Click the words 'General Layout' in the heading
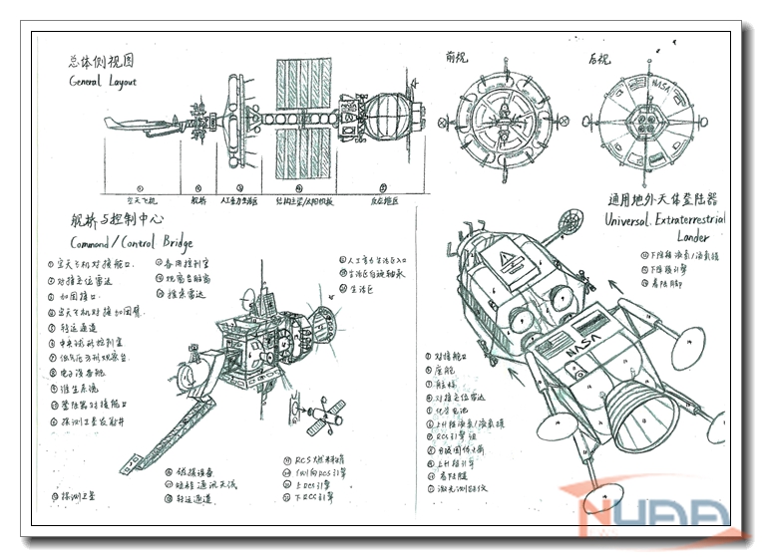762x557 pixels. (103, 82)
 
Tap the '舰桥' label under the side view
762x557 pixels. (194, 200)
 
